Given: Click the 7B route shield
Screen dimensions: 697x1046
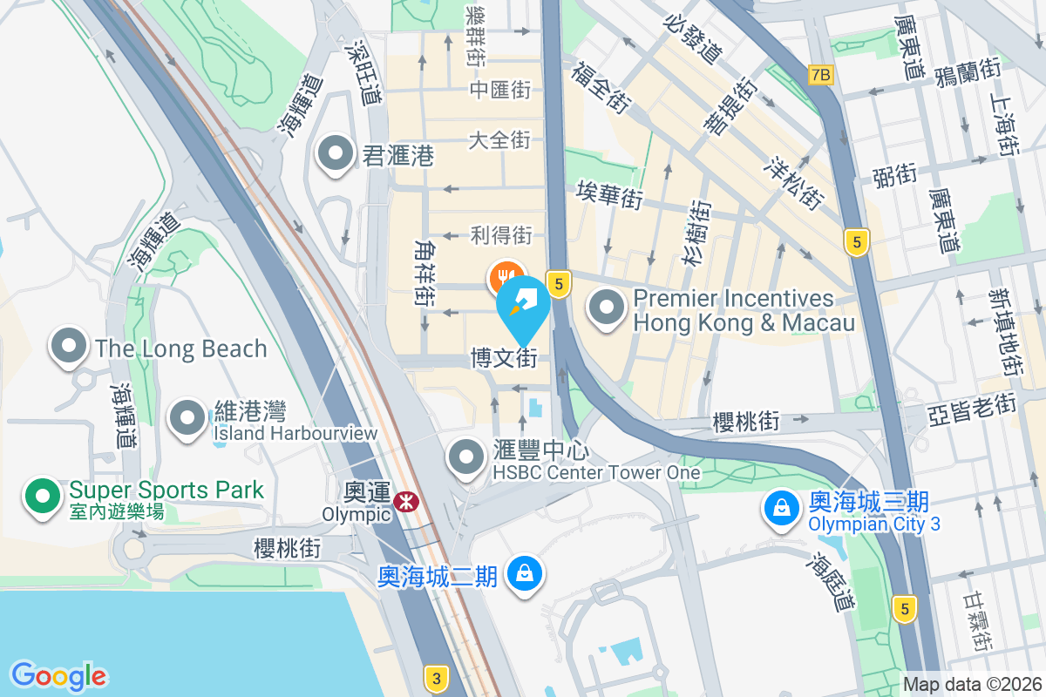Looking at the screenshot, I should (821, 75).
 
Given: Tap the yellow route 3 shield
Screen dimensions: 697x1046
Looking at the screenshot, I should (437, 677).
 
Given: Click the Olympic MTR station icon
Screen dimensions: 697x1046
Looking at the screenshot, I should (404, 501).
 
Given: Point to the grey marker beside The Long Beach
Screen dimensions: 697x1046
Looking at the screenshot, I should (69, 347).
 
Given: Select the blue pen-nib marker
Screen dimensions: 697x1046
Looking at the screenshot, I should (523, 304).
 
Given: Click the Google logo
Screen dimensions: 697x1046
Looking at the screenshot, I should (58, 675).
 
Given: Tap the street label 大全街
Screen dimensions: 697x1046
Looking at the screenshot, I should (499, 139).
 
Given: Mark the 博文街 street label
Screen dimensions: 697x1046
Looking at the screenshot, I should (504, 358).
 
